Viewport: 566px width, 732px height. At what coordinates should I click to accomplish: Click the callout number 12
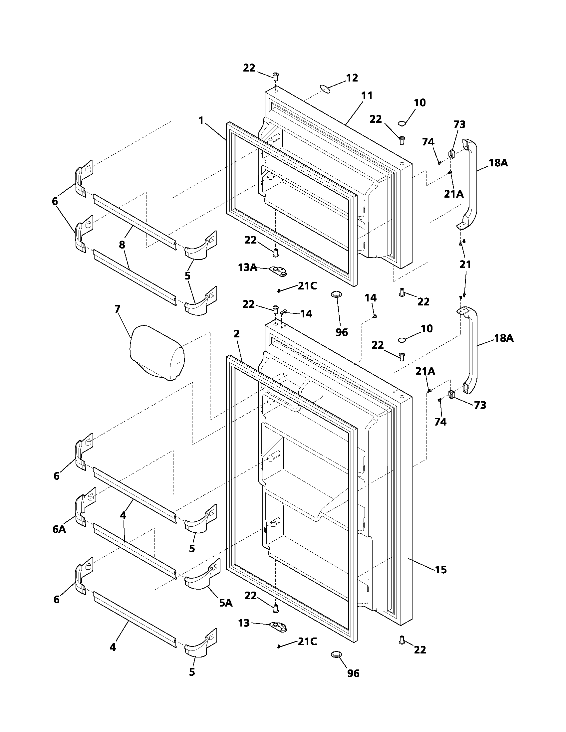point(352,78)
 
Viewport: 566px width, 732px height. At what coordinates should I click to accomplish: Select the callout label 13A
point(247,267)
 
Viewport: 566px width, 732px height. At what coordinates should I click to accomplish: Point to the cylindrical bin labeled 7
point(156,353)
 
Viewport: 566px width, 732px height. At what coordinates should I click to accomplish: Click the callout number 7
point(117,309)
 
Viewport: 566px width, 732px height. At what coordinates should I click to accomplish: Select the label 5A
point(225,603)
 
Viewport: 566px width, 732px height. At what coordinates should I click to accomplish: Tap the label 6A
point(59,529)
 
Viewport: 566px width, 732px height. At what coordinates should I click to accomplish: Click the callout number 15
point(440,569)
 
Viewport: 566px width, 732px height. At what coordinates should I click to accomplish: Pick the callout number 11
point(367,95)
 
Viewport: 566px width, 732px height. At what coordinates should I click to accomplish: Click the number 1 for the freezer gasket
point(201,120)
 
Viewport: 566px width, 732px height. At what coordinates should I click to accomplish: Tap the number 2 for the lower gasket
point(237,333)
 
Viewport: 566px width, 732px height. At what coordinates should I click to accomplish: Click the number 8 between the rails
point(122,245)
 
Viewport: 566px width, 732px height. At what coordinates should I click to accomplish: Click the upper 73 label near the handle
point(459,124)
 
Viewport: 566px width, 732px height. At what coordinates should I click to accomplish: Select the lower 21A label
point(425,371)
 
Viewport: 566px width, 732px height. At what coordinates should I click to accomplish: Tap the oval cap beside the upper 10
point(402,124)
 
